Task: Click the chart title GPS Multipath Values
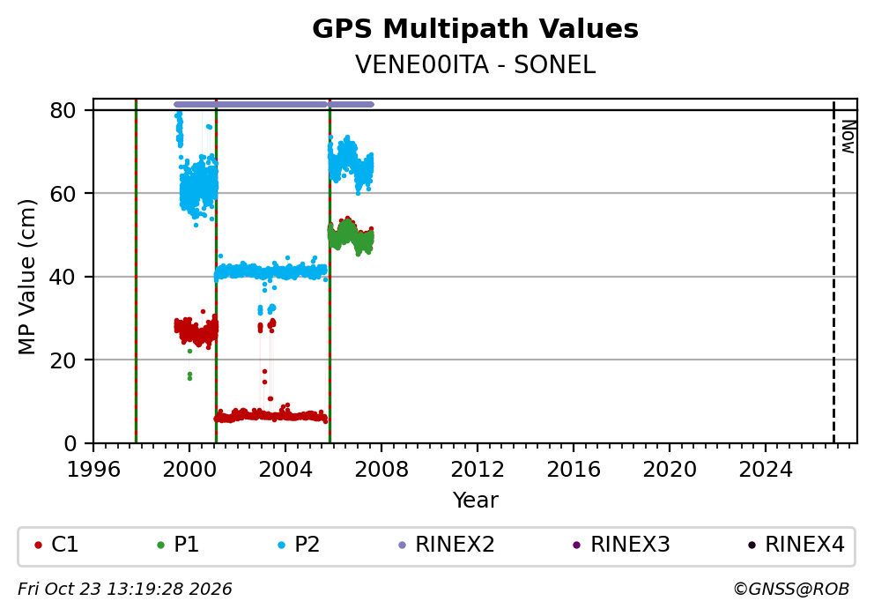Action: [475, 29]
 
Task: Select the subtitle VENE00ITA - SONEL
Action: [475, 65]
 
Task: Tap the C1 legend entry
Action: [56, 545]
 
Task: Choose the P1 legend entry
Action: [178, 545]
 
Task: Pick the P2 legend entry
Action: [299, 545]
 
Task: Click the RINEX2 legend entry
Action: [447, 545]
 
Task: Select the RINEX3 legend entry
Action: [621, 545]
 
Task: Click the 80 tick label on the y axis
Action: [63, 110]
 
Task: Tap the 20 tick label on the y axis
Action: [63, 360]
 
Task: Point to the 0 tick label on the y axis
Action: [70, 444]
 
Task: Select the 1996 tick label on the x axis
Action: [93, 470]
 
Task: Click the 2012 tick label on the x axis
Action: [478, 470]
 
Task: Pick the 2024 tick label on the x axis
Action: [766, 470]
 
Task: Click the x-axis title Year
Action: [475, 500]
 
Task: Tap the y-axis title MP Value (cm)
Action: [26, 277]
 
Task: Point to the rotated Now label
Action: [848, 137]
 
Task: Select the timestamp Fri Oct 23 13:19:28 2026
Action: [125, 590]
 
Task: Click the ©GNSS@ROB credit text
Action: [791, 590]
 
